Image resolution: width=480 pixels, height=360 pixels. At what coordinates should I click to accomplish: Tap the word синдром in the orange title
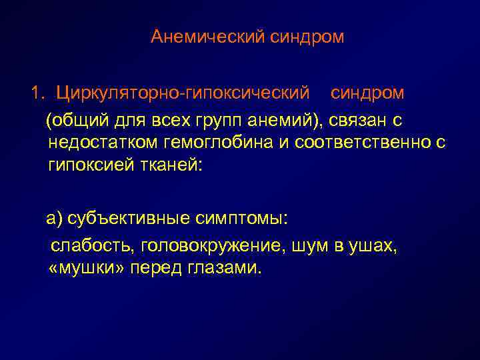[307, 37]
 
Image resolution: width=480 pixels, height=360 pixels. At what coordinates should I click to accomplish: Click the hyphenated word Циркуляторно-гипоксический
[183, 91]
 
